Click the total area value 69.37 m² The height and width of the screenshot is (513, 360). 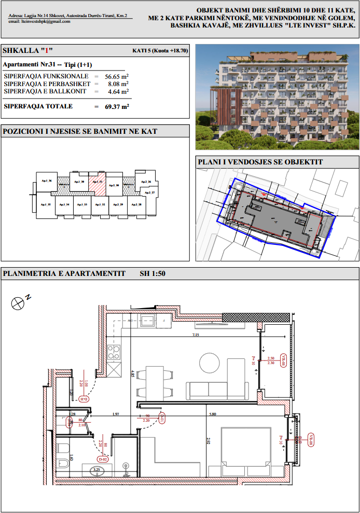pyautogui.click(x=117, y=106)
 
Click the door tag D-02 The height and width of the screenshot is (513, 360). pyautogui.click(x=103, y=459)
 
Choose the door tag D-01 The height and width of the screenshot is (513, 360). pyautogui.click(x=162, y=418)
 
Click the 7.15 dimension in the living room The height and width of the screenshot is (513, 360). pyautogui.click(x=196, y=336)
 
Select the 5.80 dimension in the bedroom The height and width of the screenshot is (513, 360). pyautogui.click(x=213, y=414)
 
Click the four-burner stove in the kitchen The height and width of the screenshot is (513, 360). pyautogui.click(x=113, y=353)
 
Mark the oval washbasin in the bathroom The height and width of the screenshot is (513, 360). pyautogui.click(x=96, y=471)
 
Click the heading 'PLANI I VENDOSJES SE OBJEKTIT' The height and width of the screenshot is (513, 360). pyautogui.click(x=260, y=162)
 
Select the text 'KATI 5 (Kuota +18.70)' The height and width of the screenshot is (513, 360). pyautogui.click(x=161, y=51)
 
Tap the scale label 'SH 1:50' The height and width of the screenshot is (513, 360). pyautogui.click(x=153, y=273)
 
